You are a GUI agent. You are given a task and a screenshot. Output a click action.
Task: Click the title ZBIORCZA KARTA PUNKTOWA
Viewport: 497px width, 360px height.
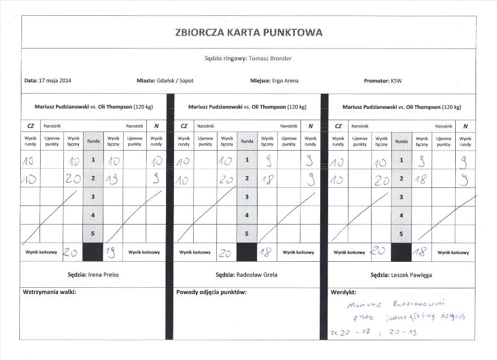[x=249, y=32]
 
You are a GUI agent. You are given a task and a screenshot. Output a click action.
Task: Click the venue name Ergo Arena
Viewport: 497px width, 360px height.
[x=285, y=81]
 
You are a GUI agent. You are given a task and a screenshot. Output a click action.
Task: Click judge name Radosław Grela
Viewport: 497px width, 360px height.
[x=262, y=275]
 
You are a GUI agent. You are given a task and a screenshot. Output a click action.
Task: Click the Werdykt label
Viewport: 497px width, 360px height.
[x=343, y=292]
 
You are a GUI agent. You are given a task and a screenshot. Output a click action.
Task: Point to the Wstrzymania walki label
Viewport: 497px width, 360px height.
[x=49, y=292]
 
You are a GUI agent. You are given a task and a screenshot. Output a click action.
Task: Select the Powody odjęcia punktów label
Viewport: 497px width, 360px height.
[x=211, y=292]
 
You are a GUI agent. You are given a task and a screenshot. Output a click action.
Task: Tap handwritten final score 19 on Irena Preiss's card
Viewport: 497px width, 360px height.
[x=111, y=253]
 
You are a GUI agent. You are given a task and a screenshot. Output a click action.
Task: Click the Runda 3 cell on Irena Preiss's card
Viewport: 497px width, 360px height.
[x=93, y=197]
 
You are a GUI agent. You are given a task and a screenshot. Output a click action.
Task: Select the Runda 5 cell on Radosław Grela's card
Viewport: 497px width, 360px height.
[x=247, y=234]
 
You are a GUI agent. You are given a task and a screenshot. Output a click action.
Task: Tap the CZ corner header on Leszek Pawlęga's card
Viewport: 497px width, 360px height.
[x=338, y=126]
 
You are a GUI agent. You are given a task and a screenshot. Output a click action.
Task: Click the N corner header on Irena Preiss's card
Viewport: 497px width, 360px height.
[x=156, y=126]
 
